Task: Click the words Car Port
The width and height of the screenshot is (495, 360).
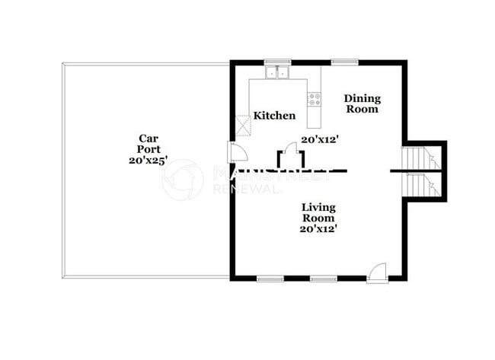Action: point(148,144)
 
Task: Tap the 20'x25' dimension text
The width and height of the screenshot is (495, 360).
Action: point(148,161)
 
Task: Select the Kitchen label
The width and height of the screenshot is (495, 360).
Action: point(274,116)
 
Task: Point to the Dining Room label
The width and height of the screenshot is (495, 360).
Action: point(362,104)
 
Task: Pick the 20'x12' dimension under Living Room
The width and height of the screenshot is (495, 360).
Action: point(318,228)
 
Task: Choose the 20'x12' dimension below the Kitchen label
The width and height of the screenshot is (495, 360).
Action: point(319,139)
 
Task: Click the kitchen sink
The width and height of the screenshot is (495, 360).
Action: point(277,74)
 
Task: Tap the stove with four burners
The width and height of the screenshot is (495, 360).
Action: point(314,98)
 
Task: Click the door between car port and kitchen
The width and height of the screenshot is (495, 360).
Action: point(237,151)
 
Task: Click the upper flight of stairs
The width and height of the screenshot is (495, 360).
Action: point(421,158)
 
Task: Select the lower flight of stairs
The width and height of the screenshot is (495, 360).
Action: point(421,185)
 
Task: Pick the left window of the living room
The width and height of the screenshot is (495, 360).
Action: point(270,279)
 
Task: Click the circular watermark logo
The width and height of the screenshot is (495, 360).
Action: point(183,180)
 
